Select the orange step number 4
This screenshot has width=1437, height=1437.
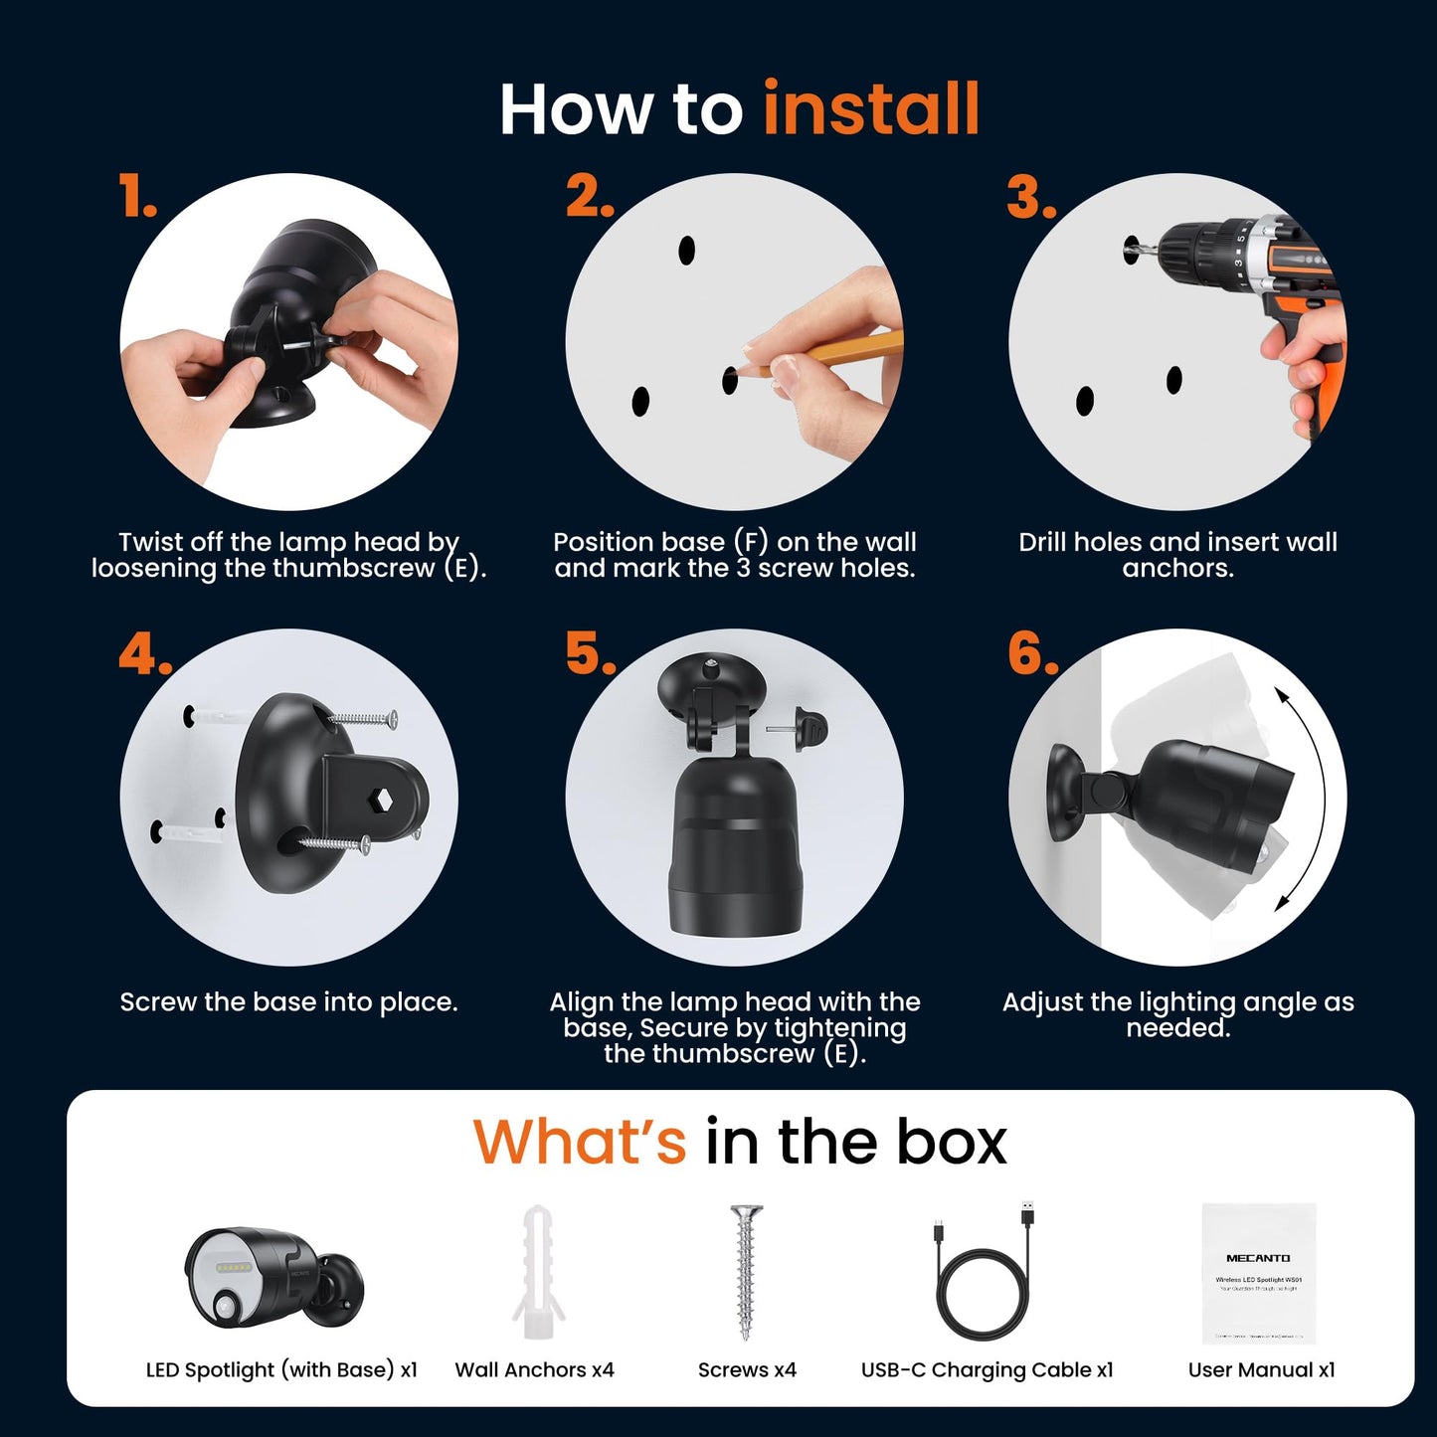[144, 655]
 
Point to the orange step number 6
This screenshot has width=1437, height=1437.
[1032, 653]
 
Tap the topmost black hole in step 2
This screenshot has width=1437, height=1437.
[686, 251]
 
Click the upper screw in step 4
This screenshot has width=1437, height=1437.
[364, 718]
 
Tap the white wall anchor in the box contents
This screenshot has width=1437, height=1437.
[538, 1273]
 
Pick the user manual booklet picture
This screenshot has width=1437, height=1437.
[1258, 1273]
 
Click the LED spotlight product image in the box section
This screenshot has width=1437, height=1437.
[274, 1278]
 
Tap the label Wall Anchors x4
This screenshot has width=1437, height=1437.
[534, 1369]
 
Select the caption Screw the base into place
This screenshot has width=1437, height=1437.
[288, 1001]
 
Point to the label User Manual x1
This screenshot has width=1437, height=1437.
[1261, 1369]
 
